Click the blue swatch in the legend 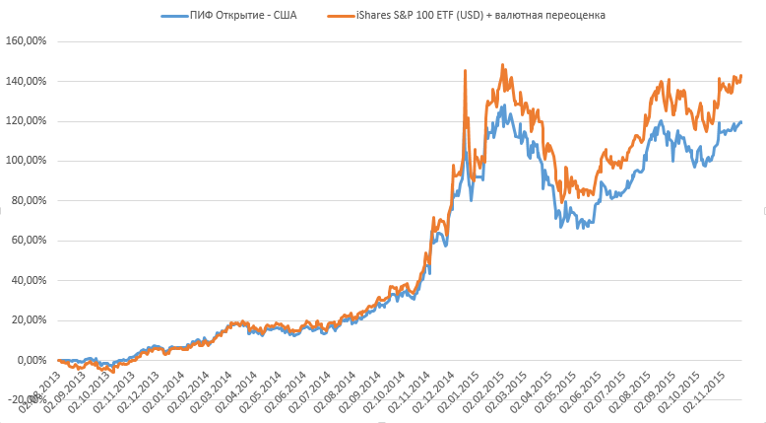tap(170, 16)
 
